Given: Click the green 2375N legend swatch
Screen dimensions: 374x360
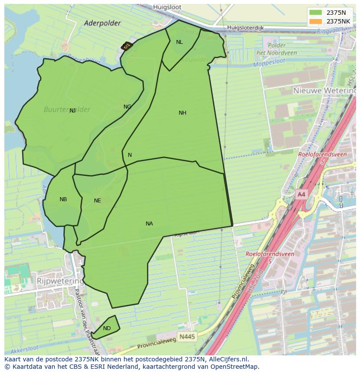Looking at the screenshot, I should click(x=316, y=13).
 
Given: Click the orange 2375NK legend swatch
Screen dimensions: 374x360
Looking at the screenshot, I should click(x=316, y=21).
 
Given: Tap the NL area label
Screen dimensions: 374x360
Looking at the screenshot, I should click(x=179, y=42).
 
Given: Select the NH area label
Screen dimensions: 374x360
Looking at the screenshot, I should click(x=182, y=113).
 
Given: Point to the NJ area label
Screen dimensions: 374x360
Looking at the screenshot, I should click(x=73, y=111).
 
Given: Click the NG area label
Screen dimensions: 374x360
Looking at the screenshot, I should click(x=127, y=107).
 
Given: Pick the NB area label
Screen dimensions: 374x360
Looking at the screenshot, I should click(x=63, y=199).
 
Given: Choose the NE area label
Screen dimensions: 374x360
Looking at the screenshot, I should click(x=97, y=201).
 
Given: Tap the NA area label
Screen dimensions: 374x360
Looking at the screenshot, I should click(x=149, y=224).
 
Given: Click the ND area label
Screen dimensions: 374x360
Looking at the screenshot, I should click(x=107, y=328).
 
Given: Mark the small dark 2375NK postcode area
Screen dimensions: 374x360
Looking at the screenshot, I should click(x=126, y=46).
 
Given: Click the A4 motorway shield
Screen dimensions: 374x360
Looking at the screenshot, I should click(x=301, y=195).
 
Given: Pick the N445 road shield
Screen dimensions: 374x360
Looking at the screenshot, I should click(x=187, y=336).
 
